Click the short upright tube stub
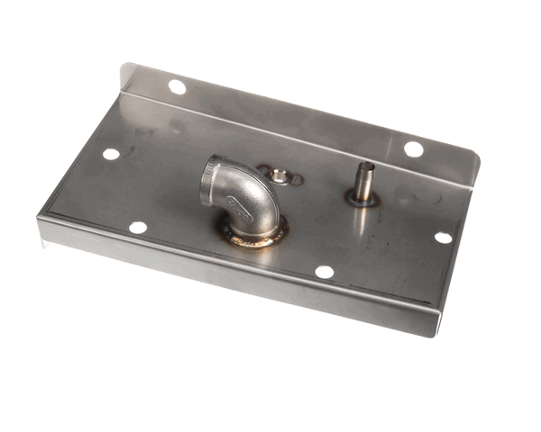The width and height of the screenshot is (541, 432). click(x=363, y=181)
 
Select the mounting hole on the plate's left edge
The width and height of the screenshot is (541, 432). click(x=111, y=154)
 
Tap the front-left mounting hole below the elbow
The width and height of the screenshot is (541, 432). click(x=138, y=228)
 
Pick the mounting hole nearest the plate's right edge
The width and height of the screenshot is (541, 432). click(x=443, y=238)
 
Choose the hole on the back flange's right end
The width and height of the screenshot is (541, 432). click(x=413, y=148)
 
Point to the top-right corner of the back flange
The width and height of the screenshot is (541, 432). click(x=479, y=162)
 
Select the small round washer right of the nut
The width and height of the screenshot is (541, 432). click(x=296, y=179)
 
